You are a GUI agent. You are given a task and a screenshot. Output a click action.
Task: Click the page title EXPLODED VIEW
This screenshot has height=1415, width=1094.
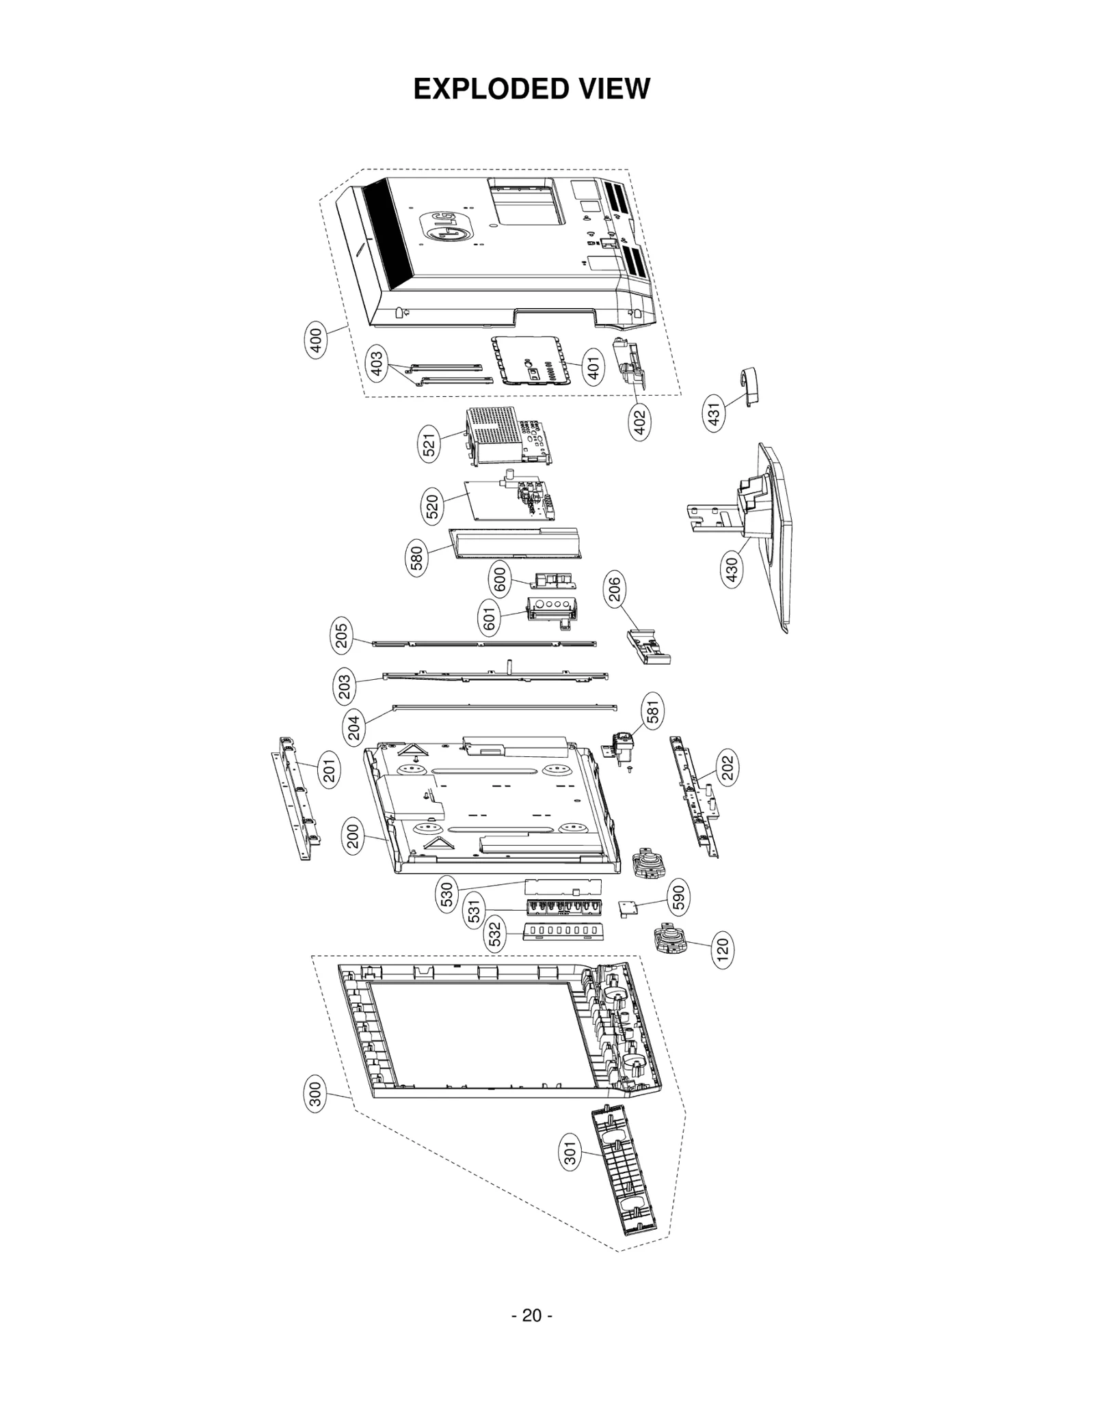(531, 89)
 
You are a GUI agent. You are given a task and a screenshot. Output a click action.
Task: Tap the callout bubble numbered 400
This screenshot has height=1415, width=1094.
(315, 340)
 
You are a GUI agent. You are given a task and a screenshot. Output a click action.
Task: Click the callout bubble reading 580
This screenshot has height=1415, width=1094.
(416, 558)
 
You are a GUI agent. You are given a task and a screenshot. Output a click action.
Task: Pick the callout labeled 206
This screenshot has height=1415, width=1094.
(614, 590)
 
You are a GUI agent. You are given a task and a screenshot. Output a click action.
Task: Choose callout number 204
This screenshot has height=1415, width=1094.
(354, 729)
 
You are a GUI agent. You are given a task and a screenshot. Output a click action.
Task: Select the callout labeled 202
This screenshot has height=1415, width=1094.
(727, 767)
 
